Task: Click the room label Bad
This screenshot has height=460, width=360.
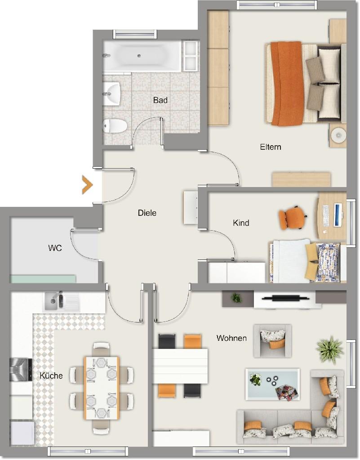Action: (x=160, y=100)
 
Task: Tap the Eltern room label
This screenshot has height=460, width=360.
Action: (x=271, y=147)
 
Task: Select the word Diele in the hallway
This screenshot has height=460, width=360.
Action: (x=147, y=213)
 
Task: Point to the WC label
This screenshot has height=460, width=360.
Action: (x=55, y=248)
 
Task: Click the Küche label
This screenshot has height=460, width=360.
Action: (x=51, y=375)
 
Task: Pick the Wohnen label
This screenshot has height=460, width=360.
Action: (x=231, y=338)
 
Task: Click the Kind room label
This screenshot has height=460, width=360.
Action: (x=241, y=223)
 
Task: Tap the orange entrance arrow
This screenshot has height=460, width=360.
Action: (x=87, y=185)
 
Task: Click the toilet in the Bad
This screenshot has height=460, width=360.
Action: (x=115, y=125)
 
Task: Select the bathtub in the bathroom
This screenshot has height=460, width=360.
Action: (x=142, y=56)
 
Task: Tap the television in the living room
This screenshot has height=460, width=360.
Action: (x=285, y=299)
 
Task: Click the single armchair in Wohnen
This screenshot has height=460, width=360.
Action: (x=273, y=340)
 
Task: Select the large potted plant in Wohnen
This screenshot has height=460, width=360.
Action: (x=329, y=349)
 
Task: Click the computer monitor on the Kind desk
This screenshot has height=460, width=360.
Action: (x=338, y=215)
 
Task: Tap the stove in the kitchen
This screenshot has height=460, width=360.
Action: (x=21, y=370)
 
